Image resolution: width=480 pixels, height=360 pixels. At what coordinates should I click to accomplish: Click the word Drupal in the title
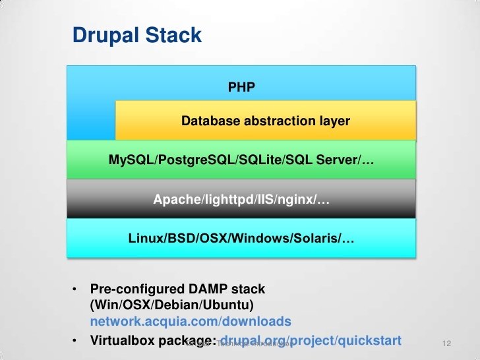click(103, 35)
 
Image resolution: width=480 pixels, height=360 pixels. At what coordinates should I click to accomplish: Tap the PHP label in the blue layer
click(241, 86)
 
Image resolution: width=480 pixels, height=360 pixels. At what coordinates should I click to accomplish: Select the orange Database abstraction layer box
click(265, 121)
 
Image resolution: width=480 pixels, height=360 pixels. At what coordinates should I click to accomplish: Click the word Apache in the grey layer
click(173, 198)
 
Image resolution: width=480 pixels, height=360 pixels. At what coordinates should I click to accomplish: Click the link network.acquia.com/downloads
click(191, 322)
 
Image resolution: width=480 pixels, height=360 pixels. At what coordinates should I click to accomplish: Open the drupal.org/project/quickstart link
click(306, 340)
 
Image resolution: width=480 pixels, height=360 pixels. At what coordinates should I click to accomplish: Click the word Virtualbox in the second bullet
click(123, 340)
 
